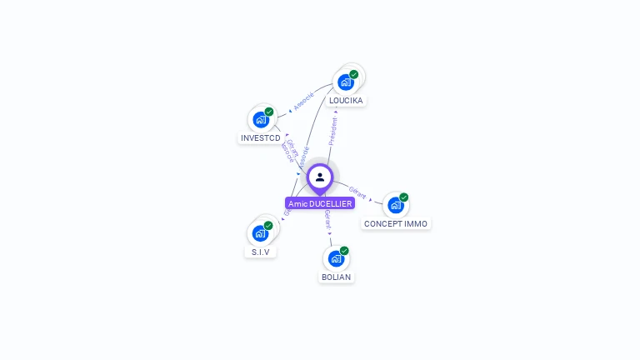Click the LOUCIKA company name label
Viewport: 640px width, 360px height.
point(346,101)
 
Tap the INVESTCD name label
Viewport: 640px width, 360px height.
point(261,138)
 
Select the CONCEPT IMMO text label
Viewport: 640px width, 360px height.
point(396,224)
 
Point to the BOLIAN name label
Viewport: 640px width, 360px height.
point(336,277)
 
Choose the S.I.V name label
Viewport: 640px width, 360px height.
point(261,252)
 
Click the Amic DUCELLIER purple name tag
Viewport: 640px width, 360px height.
point(320,203)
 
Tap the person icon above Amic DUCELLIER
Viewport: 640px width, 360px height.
point(320,177)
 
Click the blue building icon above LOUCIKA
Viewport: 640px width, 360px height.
point(346,82)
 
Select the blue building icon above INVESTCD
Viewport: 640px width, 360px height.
point(260,120)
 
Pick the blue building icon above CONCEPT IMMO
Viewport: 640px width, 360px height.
point(396,205)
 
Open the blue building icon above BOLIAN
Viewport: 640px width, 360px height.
point(335,258)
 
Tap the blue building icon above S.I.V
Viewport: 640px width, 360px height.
point(260,233)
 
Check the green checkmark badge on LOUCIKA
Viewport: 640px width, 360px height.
point(354,74)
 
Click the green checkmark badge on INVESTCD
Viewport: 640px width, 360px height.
point(268,112)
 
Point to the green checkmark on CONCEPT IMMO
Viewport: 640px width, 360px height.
point(404,197)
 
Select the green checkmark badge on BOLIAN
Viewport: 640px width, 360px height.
point(344,251)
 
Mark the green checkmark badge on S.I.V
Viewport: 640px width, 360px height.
point(268,225)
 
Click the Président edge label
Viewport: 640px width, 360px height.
point(333,131)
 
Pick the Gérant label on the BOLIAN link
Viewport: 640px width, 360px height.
point(327,219)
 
